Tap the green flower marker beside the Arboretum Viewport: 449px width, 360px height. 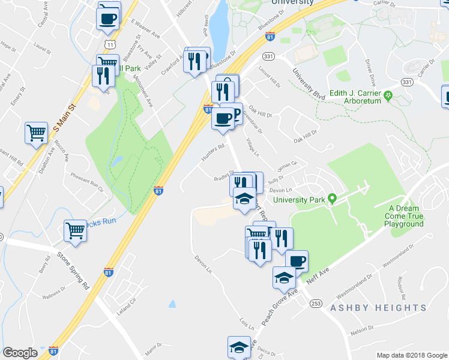[388, 95]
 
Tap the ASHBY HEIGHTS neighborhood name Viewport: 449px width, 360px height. [378, 308]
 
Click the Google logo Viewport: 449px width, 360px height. [20, 353]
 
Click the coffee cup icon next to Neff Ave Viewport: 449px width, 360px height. [296, 261]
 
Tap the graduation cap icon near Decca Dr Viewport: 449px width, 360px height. [239, 347]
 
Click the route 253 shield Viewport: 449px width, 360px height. [316, 304]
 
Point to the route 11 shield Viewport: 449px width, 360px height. [109, 44]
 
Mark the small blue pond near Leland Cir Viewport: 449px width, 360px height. [172, 304]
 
